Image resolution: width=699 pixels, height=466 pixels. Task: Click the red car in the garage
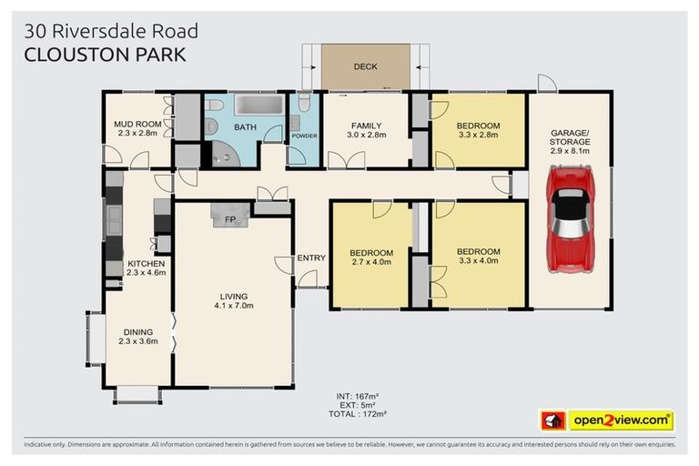(571, 218)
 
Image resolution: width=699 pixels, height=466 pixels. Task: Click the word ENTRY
(310, 258)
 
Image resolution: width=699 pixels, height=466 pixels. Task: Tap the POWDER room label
(303, 137)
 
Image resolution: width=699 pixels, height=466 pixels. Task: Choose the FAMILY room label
(366, 126)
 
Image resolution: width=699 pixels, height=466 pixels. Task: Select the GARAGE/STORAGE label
(570, 137)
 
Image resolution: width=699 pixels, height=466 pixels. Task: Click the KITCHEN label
(146, 263)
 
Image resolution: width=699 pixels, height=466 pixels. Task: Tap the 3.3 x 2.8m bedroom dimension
(478, 135)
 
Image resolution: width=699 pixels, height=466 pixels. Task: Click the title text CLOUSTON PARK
(105, 54)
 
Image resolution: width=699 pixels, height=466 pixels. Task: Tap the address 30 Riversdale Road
(111, 31)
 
